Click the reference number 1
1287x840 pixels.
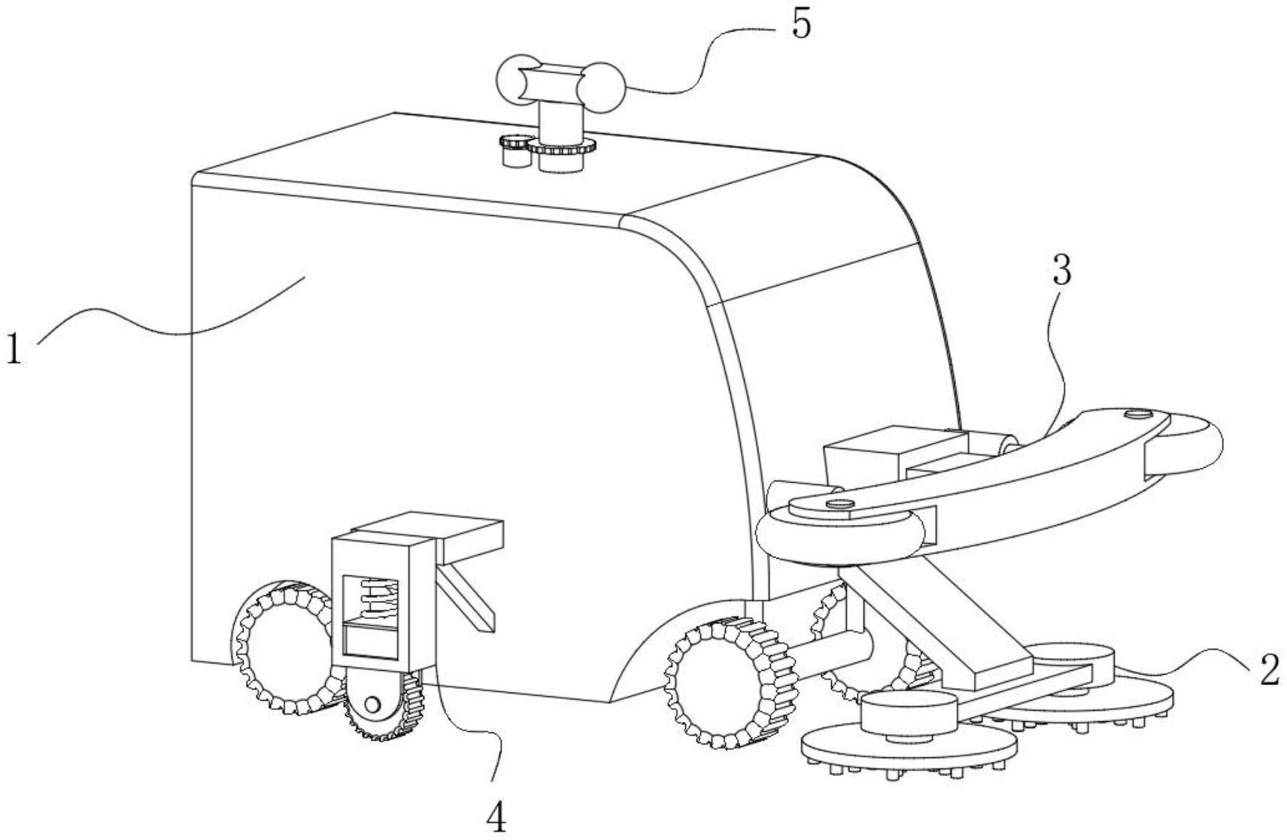(x=14, y=350)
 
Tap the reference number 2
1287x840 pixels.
(x=1270, y=671)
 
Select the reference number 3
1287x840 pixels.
(x=1062, y=271)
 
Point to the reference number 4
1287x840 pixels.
(x=497, y=818)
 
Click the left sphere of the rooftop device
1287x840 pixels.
(x=519, y=79)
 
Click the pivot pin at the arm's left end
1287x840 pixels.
(x=839, y=504)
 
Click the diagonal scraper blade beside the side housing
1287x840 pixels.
(x=466, y=598)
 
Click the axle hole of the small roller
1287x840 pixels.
(x=372, y=703)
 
